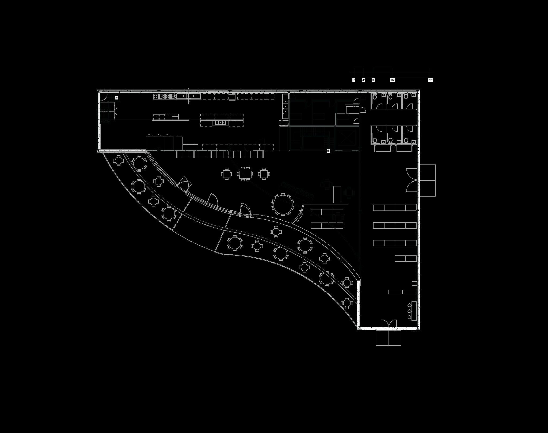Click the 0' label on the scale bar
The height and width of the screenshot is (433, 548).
[x=354, y=80]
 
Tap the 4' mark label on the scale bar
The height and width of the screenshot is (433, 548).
[x=363, y=80]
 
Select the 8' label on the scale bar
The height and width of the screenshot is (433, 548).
[x=373, y=80]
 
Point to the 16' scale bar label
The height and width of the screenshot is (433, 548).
[x=392, y=80]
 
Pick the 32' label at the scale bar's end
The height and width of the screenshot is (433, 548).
[x=431, y=80]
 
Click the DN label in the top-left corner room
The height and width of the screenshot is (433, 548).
[x=117, y=98]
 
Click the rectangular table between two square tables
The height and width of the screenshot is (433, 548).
[x=245, y=173]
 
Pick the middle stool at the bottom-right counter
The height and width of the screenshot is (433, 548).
[x=409, y=311]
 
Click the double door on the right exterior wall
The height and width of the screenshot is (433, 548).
[x=412, y=181]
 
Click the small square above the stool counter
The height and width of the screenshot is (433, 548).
[x=414, y=283]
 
